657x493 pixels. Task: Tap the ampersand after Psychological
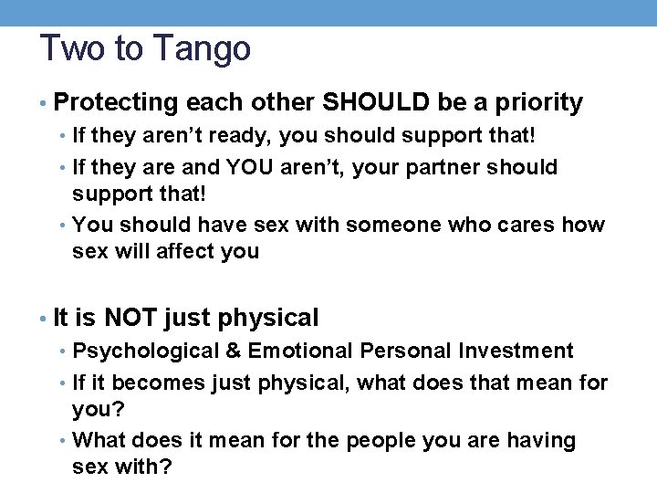point(235,351)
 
